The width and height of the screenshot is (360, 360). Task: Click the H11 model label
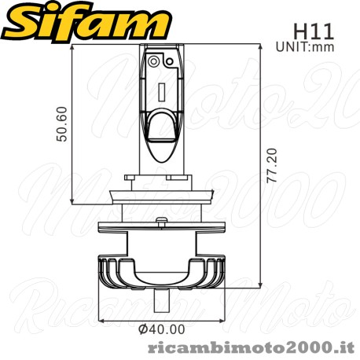[x=314, y=32]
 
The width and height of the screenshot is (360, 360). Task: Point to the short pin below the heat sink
[x=163, y=297]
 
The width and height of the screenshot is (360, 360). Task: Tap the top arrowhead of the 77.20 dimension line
[x=260, y=48]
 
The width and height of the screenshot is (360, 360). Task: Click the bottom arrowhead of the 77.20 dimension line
[x=260, y=287]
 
